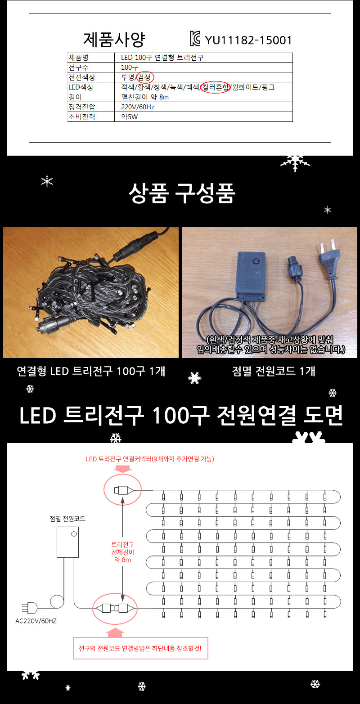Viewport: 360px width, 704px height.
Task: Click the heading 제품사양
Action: point(114,40)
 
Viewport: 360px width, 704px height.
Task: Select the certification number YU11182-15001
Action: point(248,40)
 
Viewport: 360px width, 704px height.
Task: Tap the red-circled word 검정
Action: point(145,77)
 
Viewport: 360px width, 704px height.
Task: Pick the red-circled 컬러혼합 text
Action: point(216,87)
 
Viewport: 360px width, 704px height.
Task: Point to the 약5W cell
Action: point(129,117)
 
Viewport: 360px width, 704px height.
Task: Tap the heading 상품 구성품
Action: point(182,194)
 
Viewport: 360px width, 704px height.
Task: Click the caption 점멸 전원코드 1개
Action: point(274,371)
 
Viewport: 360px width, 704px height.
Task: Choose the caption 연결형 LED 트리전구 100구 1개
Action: point(91,371)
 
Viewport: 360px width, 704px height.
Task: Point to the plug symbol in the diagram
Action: point(30,607)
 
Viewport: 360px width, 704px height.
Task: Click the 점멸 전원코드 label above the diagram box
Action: point(67,519)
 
